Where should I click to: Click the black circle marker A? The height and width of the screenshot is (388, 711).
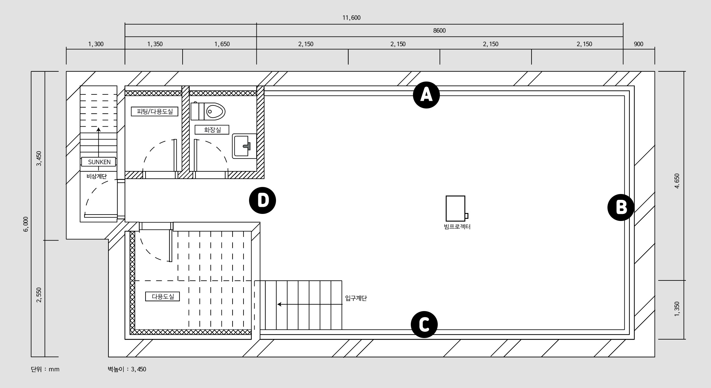[x=426, y=95]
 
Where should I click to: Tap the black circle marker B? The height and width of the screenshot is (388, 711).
[x=621, y=207]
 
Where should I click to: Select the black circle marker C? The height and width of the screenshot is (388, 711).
[x=424, y=325]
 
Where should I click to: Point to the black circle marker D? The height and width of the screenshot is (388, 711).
[x=263, y=200]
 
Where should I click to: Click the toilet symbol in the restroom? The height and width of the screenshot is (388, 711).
[x=208, y=111]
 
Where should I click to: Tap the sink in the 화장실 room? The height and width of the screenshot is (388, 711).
[x=244, y=146]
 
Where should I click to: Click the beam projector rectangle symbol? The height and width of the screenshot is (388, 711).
[x=457, y=208]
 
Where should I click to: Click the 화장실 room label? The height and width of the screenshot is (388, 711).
[x=212, y=130]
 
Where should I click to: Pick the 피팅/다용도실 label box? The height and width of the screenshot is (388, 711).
[x=155, y=111]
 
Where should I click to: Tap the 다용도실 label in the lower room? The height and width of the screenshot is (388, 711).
[x=162, y=296]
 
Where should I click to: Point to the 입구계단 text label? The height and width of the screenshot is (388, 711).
[x=356, y=298]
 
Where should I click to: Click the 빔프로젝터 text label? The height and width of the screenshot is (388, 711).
[x=457, y=227]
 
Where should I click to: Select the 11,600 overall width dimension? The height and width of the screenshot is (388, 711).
[x=351, y=18]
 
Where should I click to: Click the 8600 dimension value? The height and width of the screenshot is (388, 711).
[x=439, y=31]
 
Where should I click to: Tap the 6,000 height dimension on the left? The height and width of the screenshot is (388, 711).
[x=26, y=224]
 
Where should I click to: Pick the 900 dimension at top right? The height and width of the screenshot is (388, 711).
[x=638, y=44]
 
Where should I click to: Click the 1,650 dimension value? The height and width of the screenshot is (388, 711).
[x=222, y=44]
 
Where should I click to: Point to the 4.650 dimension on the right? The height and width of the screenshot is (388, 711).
[x=677, y=181]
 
